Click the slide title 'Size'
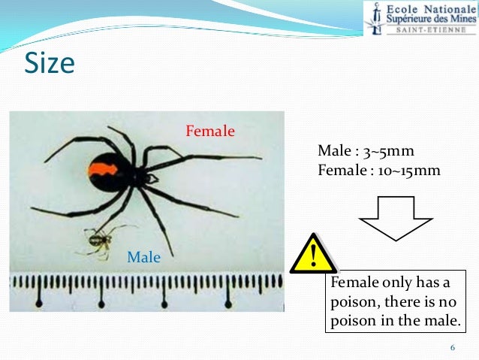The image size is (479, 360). point(50,63)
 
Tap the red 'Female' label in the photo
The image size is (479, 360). point(210,132)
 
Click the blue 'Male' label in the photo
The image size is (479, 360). point(144,257)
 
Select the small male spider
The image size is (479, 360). point(100,241)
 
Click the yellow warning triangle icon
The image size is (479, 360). point(313,253)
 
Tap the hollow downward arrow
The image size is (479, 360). point(395,216)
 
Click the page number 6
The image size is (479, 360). point(453,347)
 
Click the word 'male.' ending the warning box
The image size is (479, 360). point(441,323)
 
